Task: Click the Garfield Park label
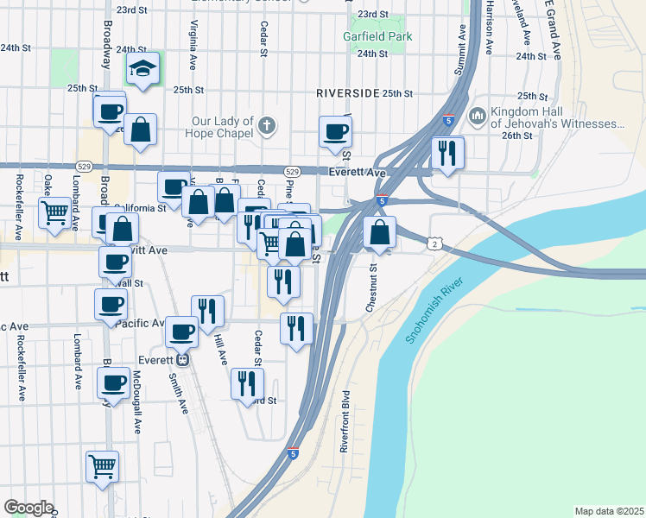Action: [x=377, y=37]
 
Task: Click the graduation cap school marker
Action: [x=144, y=68]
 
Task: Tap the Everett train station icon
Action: [x=182, y=360]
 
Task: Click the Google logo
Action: [x=28, y=508]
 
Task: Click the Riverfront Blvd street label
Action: [x=345, y=418]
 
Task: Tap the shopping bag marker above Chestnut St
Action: [x=380, y=231]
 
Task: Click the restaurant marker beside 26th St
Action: [x=446, y=153]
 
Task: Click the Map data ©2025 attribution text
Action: [x=609, y=511]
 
